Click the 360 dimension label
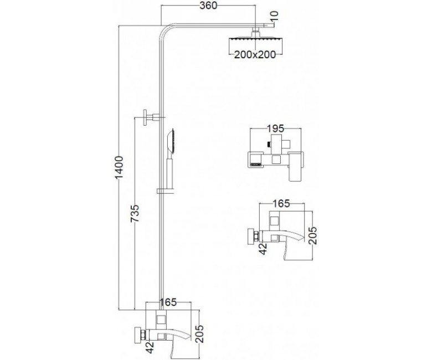click(208, 6)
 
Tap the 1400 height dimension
click(119, 168)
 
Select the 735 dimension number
click(135, 213)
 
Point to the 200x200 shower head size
click(255, 55)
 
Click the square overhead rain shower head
click(256, 44)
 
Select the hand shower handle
click(169, 173)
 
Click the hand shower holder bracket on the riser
click(165, 191)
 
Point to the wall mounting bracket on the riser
click(151, 117)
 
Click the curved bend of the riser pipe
click(165, 30)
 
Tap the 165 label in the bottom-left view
click(168, 302)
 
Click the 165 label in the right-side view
click(281, 204)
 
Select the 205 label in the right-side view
click(313, 235)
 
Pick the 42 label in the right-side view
click(263, 249)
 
